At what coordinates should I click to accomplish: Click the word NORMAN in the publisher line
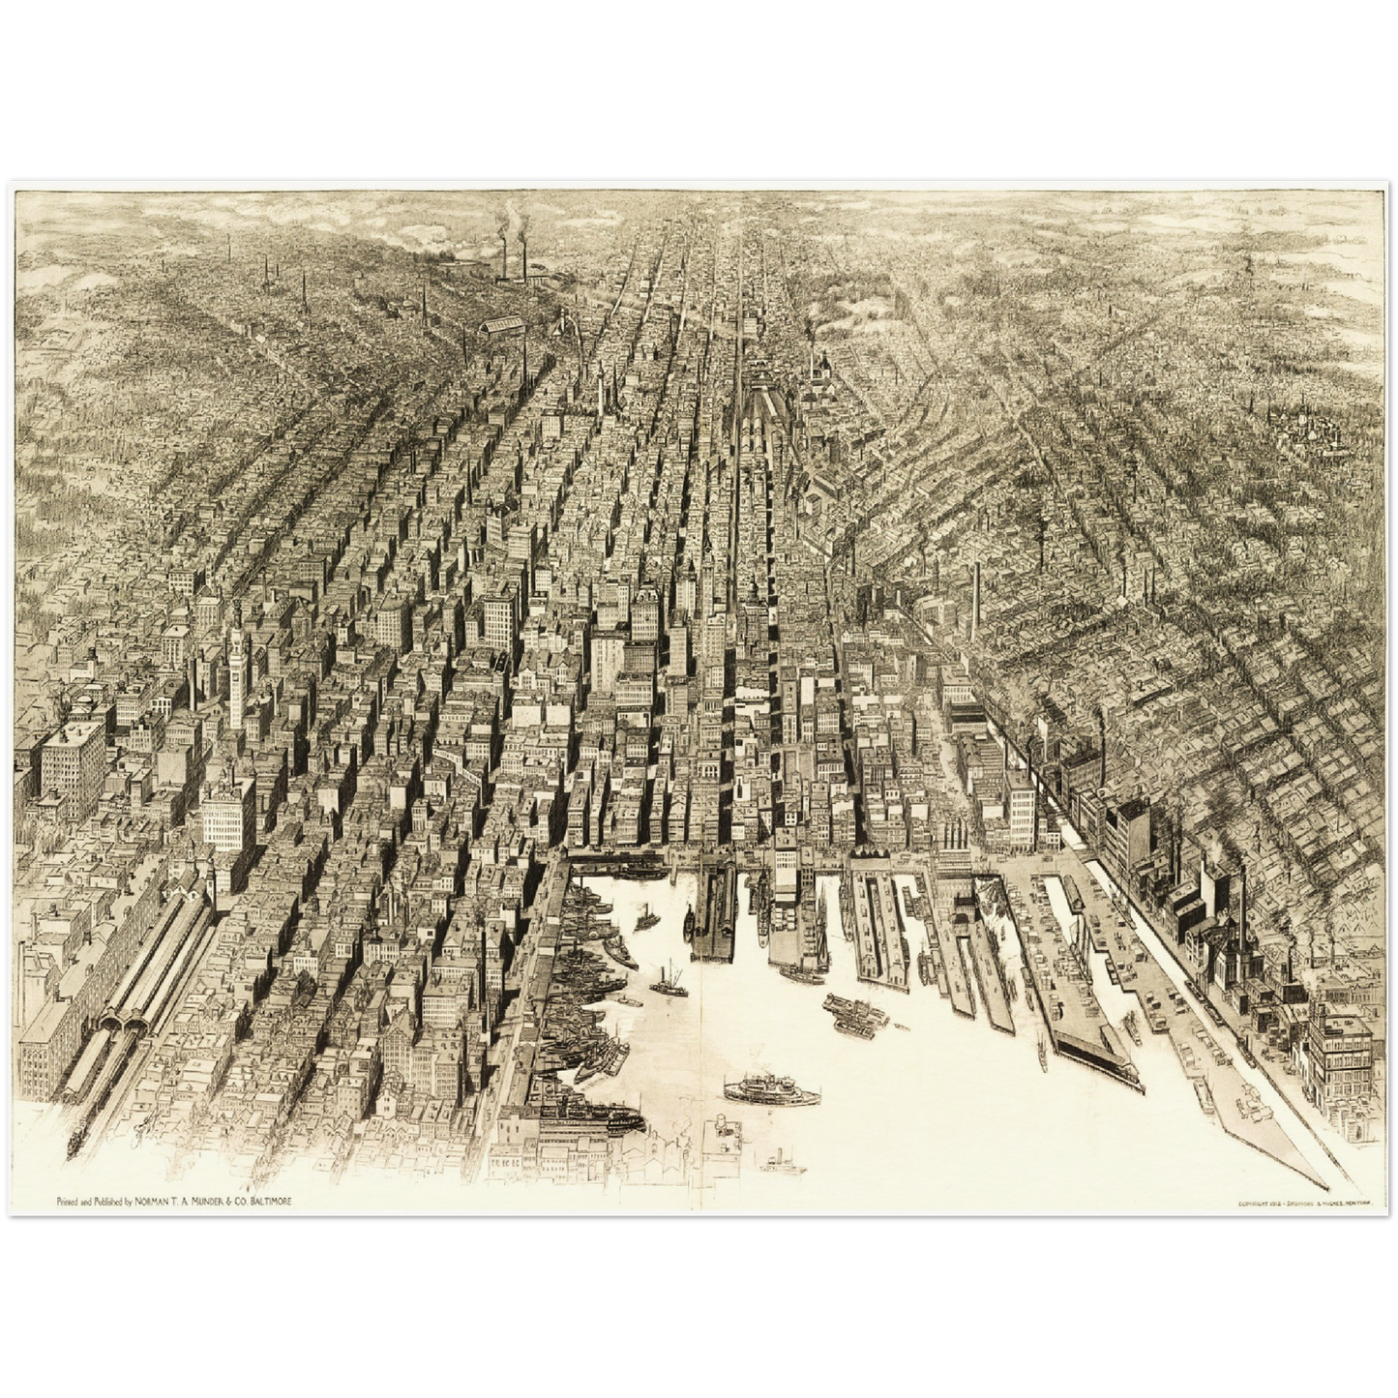pyautogui.click(x=156, y=1201)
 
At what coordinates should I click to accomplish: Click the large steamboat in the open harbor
pyautogui.click(x=771, y=1090)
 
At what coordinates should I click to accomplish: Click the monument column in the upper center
pyautogui.click(x=601, y=387)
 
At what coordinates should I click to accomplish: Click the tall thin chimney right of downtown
pyautogui.click(x=976, y=595)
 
